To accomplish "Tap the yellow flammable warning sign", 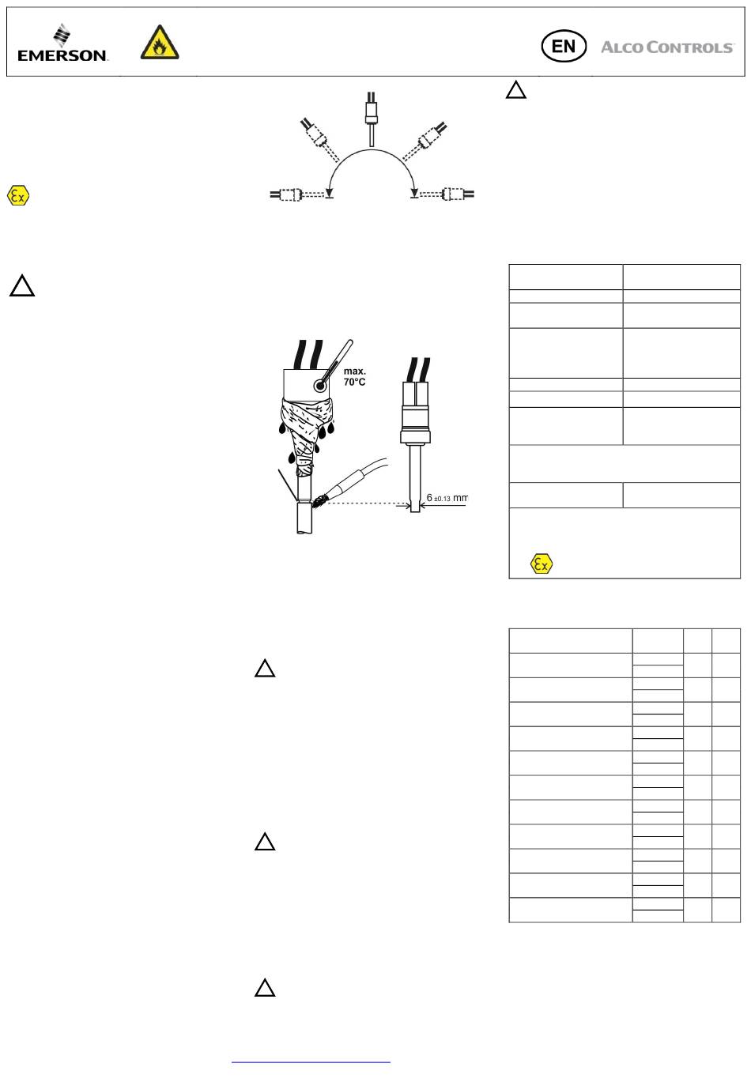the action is click(x=160, y=43).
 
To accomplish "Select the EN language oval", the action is click(x=564, y=47).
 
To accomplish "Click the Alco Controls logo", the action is click(x=667, y=47).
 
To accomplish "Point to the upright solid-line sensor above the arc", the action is click(x=371, y=119).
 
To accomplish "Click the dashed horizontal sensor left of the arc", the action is click(x=300, y=194).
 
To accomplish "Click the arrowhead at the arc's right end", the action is click(x=414, y=194).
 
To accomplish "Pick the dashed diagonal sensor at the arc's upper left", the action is click(x=319, y=139).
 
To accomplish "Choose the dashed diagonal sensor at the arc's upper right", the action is click(x=425, y=141).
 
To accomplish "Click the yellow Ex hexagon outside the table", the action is click(x=18, y=196).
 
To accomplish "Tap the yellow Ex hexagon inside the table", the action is click(x=541, y=564).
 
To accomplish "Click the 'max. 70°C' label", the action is click(x=354, y=376).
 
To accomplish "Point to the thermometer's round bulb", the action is click(x=320, y=386).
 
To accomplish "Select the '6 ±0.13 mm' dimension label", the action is click(x=447, y=497).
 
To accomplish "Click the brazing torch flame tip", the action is click(x=319, y=502).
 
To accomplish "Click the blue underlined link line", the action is click(x=311, y=1062).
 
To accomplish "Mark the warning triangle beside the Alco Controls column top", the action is click(x=515, y=90).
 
